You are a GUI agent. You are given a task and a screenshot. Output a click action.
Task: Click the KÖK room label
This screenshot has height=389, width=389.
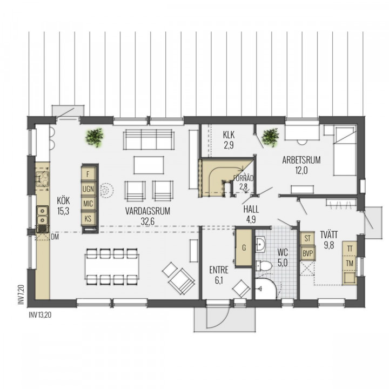pos(63,200)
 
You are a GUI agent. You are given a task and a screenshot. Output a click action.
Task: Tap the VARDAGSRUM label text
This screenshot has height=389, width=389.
pos(147,211)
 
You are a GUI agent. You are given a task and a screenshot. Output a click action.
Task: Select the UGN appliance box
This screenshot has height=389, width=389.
pos(88,189)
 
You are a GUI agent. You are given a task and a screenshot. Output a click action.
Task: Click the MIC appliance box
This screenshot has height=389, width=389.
pos(88,204)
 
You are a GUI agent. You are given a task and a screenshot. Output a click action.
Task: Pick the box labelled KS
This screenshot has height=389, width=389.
pos(88,219)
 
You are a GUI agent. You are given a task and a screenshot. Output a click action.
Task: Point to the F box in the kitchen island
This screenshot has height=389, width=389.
pos(88,175)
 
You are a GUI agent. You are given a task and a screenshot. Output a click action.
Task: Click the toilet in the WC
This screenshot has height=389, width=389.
pos(264,266)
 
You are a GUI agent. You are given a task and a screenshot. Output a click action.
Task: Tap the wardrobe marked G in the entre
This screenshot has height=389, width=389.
pos(244,247)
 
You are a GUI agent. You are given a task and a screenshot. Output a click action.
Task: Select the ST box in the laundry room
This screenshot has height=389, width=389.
pos(307,238)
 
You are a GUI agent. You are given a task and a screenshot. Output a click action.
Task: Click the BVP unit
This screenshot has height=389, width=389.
pos(307,253)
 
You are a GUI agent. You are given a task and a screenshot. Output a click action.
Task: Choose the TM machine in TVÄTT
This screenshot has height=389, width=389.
pos(350,263)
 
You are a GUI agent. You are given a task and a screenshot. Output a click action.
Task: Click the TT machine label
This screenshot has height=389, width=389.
pos(350,249)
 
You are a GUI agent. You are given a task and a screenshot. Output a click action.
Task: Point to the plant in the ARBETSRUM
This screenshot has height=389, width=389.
pos(271,137)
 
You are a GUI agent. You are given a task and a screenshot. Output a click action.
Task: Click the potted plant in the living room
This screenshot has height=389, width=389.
pos(94,137)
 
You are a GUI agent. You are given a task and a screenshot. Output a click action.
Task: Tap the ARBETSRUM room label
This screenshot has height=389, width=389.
pos(301,160)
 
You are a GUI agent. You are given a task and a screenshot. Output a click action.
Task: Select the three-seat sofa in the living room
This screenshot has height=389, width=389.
pos(149,139)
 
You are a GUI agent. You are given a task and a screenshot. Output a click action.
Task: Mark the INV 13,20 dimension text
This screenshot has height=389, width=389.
pos(40,315)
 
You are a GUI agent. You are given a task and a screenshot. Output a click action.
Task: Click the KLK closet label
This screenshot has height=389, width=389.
pos(229,135)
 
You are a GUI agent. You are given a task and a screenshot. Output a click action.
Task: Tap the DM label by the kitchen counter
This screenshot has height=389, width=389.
pos(55,237)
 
